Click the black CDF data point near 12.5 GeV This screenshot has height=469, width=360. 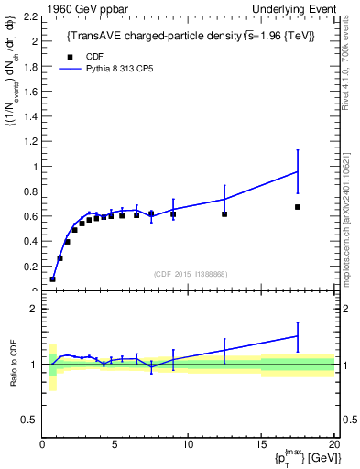click(224, 214)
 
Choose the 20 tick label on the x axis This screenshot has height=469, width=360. click(333, 445)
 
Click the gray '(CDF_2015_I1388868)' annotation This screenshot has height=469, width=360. click(189, 274)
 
